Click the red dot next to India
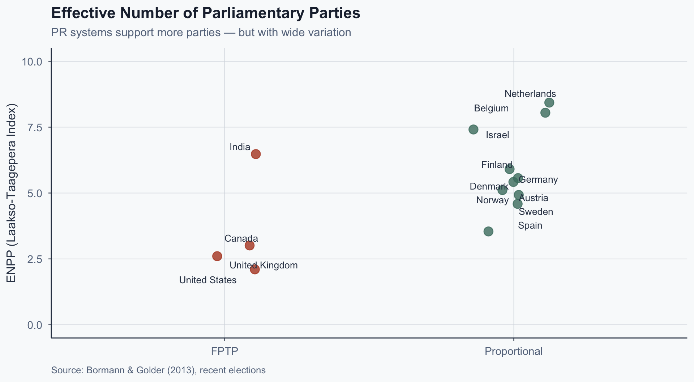tap(256, 154)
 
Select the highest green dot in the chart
tap(549, 103)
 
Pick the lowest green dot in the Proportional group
tap(488, 232)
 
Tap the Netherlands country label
tap(530, 94)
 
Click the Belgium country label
tap(491, 109)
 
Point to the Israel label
tap(497, 135)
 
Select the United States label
tap(208, 280)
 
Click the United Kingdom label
tap(264, 266)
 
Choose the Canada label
tap(241, 239)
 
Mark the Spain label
tap(530, 226)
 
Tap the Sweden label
tap(536, 212)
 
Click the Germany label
tap(538, 180)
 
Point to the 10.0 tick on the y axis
tap(32, 61)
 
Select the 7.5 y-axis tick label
tap(35, 127)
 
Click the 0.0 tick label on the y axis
tap(35, 325)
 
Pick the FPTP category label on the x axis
tap(224, 351)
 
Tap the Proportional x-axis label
tap(513, 351)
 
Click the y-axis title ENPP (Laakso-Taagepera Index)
tap(12, 193)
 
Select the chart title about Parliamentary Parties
tap(206, 13)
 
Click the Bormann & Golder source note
tap(158, 370)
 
